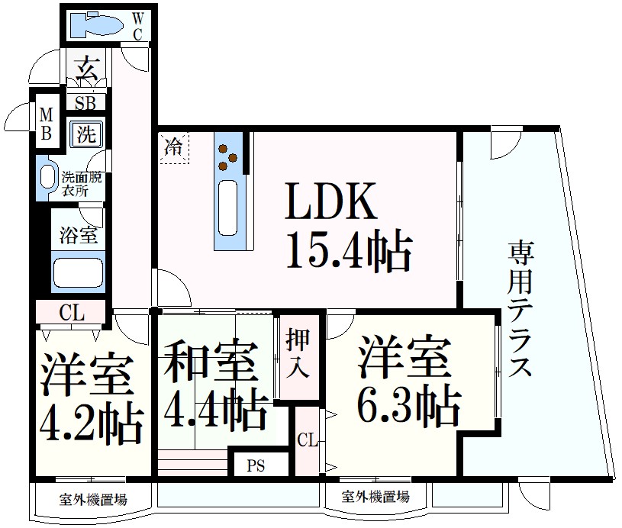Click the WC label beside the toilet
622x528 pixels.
click(x=137, y=26)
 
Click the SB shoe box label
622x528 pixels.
click(x=85, y=102)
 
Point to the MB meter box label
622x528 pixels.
click(x=47, y=124)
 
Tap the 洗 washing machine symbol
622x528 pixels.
click(x=85, y=135)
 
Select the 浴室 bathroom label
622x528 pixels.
click(x=78, y=235)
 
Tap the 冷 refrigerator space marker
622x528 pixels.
click(x=174, y=146)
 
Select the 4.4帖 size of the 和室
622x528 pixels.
click(x=216, y=411)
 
